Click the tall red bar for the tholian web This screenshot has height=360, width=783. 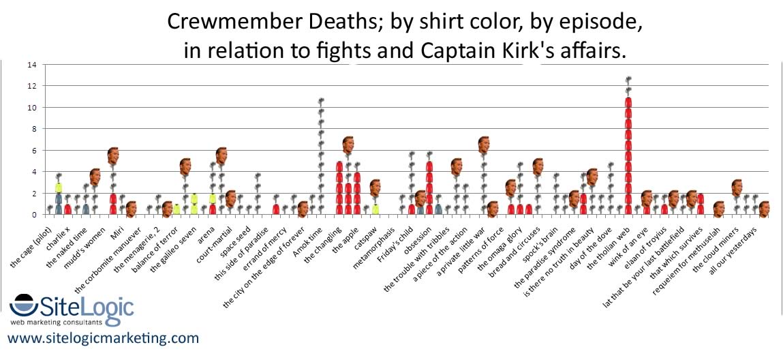tap(628, 157)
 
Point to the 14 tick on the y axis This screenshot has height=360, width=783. tap(31, 65)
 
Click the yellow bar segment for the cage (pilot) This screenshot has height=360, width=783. tap(59, 187)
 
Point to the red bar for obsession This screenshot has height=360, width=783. tap(429, 187)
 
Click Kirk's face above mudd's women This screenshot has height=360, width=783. tap(113, 156)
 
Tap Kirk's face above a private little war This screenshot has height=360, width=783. tap(484, 145)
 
